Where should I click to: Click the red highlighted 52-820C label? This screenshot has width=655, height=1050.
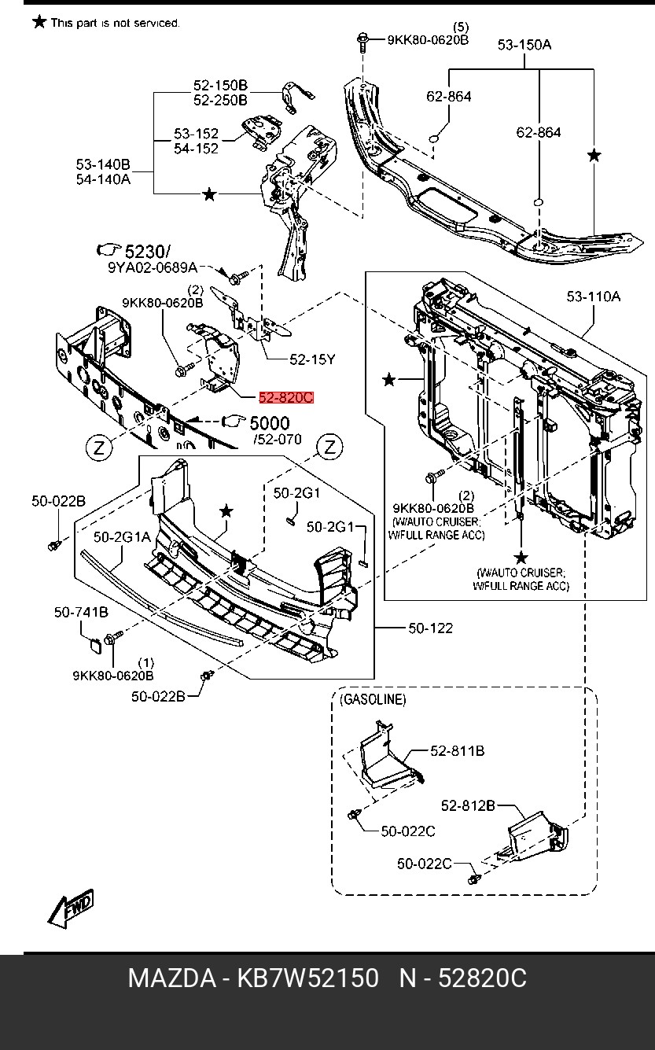[286, 398]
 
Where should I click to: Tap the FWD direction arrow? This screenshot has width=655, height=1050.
[71, 908]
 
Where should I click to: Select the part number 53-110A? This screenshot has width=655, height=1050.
[594, 297]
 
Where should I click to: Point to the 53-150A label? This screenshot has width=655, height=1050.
[524, 45]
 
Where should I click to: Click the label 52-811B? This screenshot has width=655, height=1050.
[457, 751]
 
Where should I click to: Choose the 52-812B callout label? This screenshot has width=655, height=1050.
[468, 805]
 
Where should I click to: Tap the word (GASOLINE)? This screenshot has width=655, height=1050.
[373, 699]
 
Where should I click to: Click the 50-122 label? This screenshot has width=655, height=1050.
[430, 628]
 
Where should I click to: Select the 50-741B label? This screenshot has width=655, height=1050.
[81, 613]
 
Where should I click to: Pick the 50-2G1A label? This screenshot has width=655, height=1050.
[122, 538]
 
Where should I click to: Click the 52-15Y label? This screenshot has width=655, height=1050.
[312, 359]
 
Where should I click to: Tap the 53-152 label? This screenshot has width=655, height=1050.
[196, 134]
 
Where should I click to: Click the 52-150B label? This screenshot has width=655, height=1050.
[221, 85]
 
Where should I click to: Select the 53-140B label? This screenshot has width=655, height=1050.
[103, 164]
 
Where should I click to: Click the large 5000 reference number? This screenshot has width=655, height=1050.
[269, 424]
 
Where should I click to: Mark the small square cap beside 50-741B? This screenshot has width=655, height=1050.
[93, 646]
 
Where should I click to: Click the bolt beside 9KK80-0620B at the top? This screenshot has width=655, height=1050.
[364, 39]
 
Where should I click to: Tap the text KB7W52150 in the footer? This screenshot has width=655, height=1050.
[308, 979]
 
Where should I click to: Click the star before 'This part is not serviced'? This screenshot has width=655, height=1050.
[39, 21]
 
